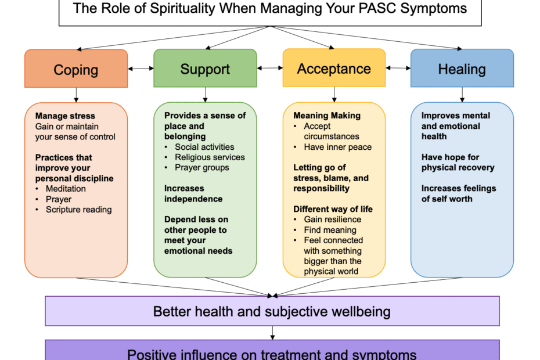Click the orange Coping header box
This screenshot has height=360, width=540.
point(76,69)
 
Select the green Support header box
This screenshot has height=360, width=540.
point(205,68)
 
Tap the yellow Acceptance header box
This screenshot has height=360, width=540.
point(334,68)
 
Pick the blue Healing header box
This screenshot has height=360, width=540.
point(462,68)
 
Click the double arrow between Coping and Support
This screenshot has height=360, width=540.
point(141,69)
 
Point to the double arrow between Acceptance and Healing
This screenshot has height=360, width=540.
point(398,68)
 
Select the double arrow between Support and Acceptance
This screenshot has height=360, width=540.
point(270,68)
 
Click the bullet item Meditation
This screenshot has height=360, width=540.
point(66,189)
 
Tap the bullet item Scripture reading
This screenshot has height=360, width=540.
point(79,210)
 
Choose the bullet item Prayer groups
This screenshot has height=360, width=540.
point(202,167)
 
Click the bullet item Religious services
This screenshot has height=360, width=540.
point(210,157)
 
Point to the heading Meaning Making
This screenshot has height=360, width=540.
point(327,116)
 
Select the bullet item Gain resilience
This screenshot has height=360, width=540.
point(333,219)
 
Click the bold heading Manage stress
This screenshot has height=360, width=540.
point(65,116)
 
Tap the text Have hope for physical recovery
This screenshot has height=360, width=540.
point(458,162)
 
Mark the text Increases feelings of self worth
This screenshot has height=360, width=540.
point(459,193)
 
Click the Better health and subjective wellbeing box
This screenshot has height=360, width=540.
point(272,311)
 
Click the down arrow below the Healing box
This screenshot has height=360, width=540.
point(462,95)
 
